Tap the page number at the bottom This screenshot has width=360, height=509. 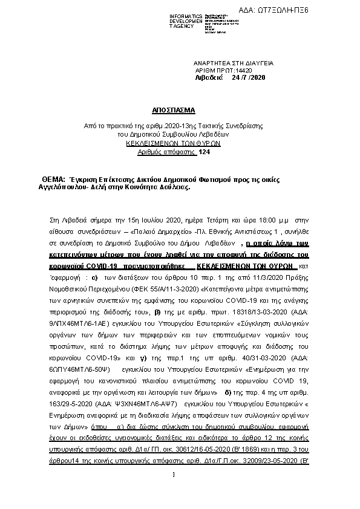(x=174, y=491)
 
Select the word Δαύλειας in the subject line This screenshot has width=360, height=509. (x=174, y=188)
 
